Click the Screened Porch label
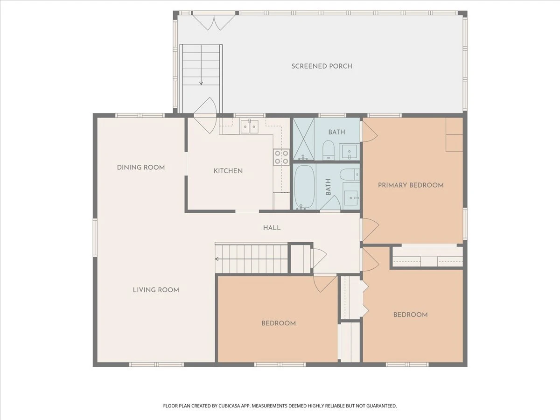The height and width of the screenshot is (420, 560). (322, 66)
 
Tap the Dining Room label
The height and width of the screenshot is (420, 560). (141, 168)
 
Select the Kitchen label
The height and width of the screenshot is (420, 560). (228, 171)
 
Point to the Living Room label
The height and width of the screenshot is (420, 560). (156, 290)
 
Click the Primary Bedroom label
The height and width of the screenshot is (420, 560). (411, 185)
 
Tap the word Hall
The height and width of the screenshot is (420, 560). (272, 228)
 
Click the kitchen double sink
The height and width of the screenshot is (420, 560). (250, 126)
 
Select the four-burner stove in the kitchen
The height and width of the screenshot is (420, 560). (281, 157)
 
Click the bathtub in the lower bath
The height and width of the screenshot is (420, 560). (304, 188)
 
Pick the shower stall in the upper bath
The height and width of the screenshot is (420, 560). (304, 139)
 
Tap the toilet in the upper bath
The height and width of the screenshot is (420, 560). (329, 150)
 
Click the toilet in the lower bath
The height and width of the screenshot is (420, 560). (350, 175)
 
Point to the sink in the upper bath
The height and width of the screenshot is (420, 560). (349, 152)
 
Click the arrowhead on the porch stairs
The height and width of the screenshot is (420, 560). (201, 83)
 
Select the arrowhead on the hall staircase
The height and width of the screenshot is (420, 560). (217, 259)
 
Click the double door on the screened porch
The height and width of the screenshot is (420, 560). (214, 21)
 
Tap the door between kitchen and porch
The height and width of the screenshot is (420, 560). (205, 115)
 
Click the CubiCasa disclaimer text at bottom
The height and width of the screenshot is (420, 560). (280, 406)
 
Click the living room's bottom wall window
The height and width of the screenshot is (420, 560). (156, 364)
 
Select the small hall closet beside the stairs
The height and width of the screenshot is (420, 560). (301, 259)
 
